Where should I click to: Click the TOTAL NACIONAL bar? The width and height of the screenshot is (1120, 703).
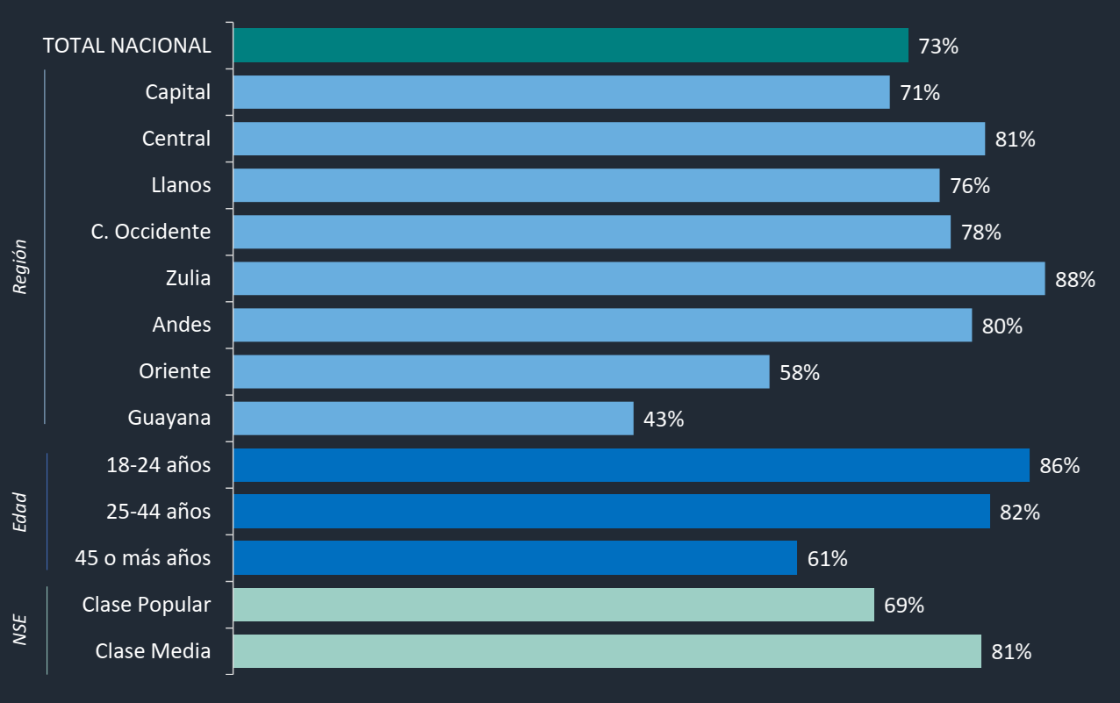[x=571, y=46]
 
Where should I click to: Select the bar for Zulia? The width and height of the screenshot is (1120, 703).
[x=639, y=278]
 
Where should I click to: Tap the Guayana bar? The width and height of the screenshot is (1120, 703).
[x=434, y=419]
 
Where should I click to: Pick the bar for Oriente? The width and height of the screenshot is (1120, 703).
[x=501, y=372]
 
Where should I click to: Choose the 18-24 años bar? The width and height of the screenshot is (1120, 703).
[x=631, y=465]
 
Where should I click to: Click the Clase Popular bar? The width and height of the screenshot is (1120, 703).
[x=554, y=605]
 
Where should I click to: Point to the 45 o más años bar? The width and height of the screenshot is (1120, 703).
[x=515, y=558]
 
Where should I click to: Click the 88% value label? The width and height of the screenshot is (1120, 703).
[x=1075, y=280]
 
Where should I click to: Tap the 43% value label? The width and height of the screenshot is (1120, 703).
[x=664, y=420]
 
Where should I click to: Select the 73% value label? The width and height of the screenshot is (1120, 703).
[x=938, y=47]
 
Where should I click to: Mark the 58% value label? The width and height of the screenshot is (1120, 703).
[x=800, y=373]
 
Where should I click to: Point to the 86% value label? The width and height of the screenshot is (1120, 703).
[x=1059, y=466]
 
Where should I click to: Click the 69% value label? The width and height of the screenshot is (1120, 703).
[x=904, y=606]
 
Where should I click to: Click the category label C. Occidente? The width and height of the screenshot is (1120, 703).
[x=151, y=232]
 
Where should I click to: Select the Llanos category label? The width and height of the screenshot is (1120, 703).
[x=181, y=185]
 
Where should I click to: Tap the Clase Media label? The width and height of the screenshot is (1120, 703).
[x=153, y=651]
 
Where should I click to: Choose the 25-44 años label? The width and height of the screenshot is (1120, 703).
[x=159, y=511]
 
